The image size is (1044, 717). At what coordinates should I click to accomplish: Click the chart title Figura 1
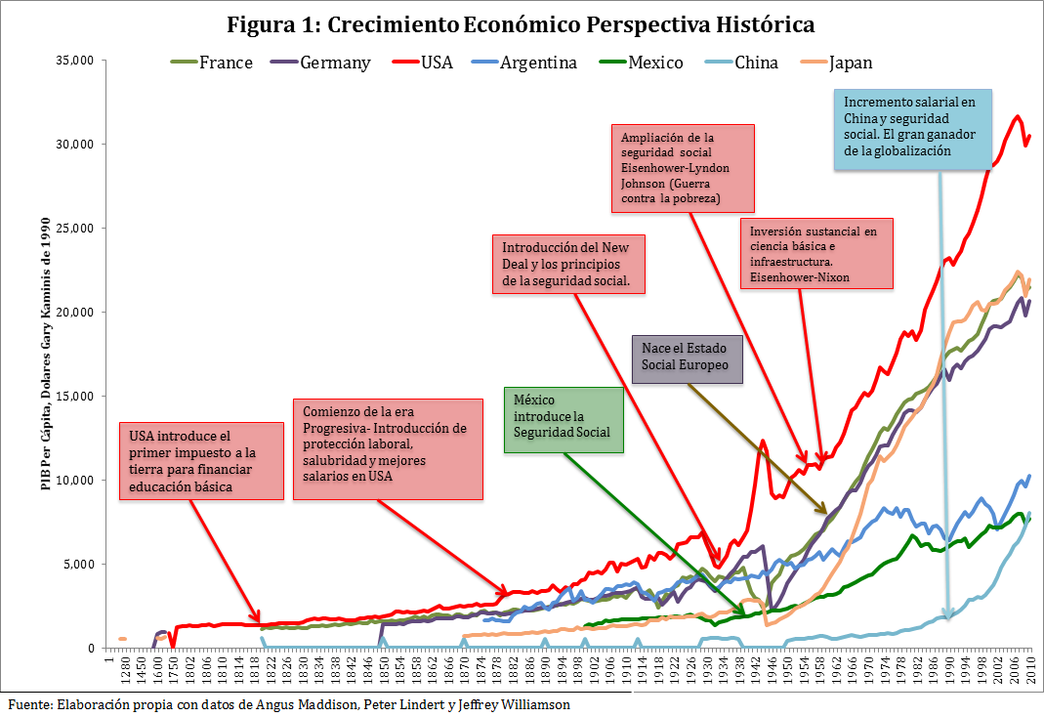point(521,23)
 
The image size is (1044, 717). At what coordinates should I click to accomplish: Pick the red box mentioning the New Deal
point(568,264)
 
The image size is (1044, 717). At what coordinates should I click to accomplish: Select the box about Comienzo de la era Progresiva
point(388,448)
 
